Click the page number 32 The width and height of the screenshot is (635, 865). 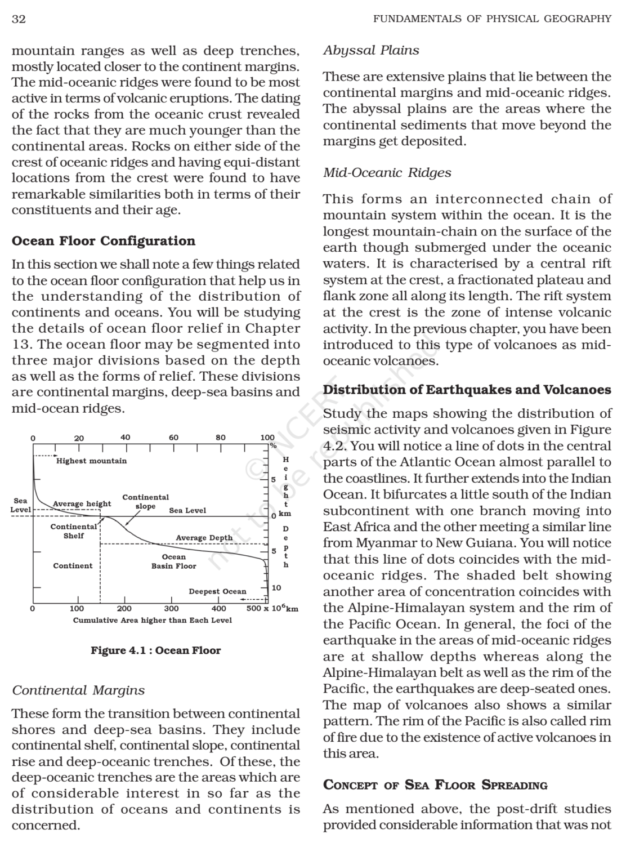pos(19,19)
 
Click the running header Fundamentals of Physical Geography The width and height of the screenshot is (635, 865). pos(492,19)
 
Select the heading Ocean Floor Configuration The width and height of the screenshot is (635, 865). pos(104,241)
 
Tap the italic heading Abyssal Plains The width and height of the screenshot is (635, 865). pos(371,51)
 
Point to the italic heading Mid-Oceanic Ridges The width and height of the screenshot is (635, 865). pos(387,173)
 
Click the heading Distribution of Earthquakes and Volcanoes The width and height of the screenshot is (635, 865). pos(467,390)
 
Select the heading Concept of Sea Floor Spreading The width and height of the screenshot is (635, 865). pos(435,785)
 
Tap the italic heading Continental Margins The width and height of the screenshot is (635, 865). pos(78,690)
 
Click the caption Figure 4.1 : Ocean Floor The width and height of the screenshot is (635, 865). pos(155,650)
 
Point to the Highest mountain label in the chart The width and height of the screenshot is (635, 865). pos(91,461)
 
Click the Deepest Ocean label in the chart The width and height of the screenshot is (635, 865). pos(217,591)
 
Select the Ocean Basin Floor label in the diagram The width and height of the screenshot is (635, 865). pos(173,561)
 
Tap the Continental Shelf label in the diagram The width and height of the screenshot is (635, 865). pos(73,531)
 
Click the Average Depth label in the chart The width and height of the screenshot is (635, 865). pos(204,538)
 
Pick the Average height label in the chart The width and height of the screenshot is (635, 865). pos(82,503)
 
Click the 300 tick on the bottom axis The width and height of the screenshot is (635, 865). pos(171,609)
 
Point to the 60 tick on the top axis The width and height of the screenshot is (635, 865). pos(173,438)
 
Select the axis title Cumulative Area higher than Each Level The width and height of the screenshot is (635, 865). pos(152,620)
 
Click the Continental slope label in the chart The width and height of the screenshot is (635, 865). pos(145,501)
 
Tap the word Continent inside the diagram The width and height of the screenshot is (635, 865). pos(73,566)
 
